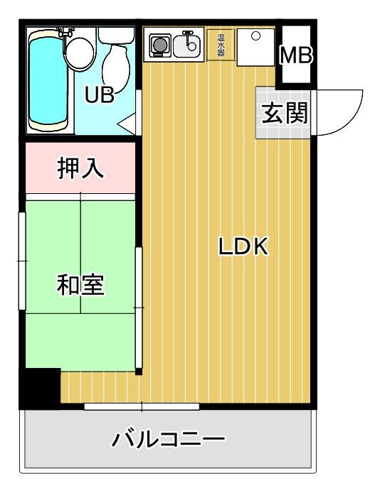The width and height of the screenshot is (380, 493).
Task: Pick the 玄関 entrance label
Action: [x=284, y=113]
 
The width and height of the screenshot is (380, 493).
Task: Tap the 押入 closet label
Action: [x=80, y=168]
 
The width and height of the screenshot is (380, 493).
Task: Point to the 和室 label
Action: [x=80, y=284]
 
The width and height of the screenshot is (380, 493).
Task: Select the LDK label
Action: [x=242, y=247]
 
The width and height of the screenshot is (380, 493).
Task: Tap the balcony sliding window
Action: [x=142, y=406]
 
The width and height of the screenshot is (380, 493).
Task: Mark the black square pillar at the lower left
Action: [x=41, y=388]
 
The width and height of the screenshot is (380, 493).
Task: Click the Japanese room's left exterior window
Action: [x=22, y=261]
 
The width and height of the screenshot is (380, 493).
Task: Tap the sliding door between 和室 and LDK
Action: [x=139, y=307]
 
